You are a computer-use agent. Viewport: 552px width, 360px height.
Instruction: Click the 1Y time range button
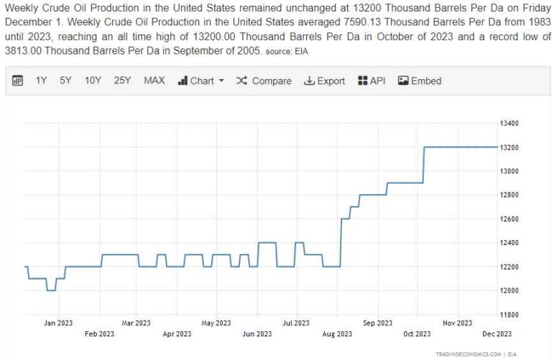click(x=41, y=80)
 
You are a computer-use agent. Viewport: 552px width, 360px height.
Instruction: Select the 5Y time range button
click(x=65, y=80)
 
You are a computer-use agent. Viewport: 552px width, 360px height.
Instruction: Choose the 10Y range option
click(x=93, y=80)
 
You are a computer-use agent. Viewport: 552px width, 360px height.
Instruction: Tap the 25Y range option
click(x=122, y=80)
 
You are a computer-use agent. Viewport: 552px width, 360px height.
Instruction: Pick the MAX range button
click(x=154, y=80)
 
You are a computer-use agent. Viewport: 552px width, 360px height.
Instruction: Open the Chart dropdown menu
click(x=201, y=80)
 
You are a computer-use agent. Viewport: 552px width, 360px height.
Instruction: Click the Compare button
click(x=264, y=80)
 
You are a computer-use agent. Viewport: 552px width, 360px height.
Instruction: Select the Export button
click(x=324, y=80)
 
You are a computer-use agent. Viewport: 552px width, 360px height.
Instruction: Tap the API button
click(x=372, y=80)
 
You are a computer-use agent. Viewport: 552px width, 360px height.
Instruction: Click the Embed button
click(x=420, y=80)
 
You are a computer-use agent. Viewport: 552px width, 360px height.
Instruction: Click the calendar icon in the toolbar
click(x=18, y=80)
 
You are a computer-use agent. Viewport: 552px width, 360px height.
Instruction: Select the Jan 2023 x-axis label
click(x=58, y=323)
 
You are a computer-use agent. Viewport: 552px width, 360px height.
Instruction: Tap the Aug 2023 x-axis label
click(x=338, y=333)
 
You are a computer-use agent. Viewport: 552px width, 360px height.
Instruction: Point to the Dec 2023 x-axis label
click(x=497, y=333)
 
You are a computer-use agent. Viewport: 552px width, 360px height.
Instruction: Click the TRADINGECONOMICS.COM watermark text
click(x=467, y=354)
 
